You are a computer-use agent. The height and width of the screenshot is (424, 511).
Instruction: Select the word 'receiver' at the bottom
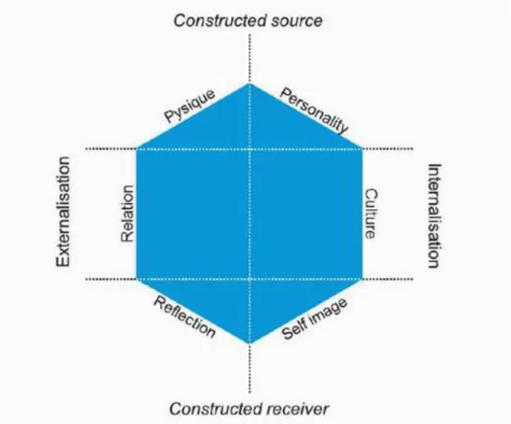coord(300,409)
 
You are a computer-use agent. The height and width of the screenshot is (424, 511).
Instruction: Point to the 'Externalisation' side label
coord(63,211)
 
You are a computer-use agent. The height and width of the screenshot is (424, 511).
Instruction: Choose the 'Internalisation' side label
coord(434,216)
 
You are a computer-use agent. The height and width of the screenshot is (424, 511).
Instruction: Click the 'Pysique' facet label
coord(190,106)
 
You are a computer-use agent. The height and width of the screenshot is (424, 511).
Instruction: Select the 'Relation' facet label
coord(128,214)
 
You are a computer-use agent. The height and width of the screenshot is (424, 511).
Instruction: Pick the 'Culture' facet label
coord(371,213)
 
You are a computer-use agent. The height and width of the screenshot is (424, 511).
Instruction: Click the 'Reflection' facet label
coord(184,317)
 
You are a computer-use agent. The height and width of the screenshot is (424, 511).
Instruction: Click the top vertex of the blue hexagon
coord(249,83)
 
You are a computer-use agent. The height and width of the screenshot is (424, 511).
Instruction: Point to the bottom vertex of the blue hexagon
coord(249,343)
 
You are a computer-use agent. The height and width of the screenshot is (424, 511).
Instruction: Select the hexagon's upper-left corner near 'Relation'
coord(136,149)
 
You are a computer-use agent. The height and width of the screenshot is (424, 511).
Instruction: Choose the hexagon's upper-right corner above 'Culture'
coord(362,149)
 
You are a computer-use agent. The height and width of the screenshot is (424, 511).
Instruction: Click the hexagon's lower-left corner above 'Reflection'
coord(136,279)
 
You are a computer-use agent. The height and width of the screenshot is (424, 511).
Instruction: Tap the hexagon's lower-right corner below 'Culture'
coord(362,279)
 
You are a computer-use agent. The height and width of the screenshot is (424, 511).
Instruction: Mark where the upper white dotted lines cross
coord(249,149)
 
